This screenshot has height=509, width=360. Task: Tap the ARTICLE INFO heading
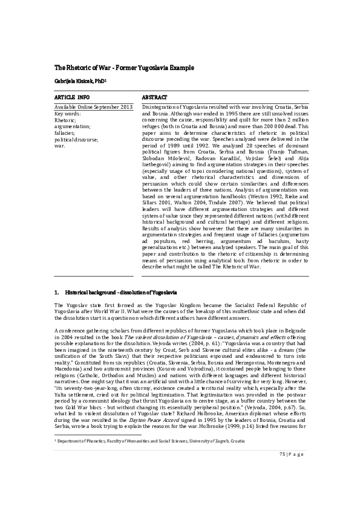click(72, 97)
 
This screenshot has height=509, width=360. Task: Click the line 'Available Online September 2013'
click(93, 107)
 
